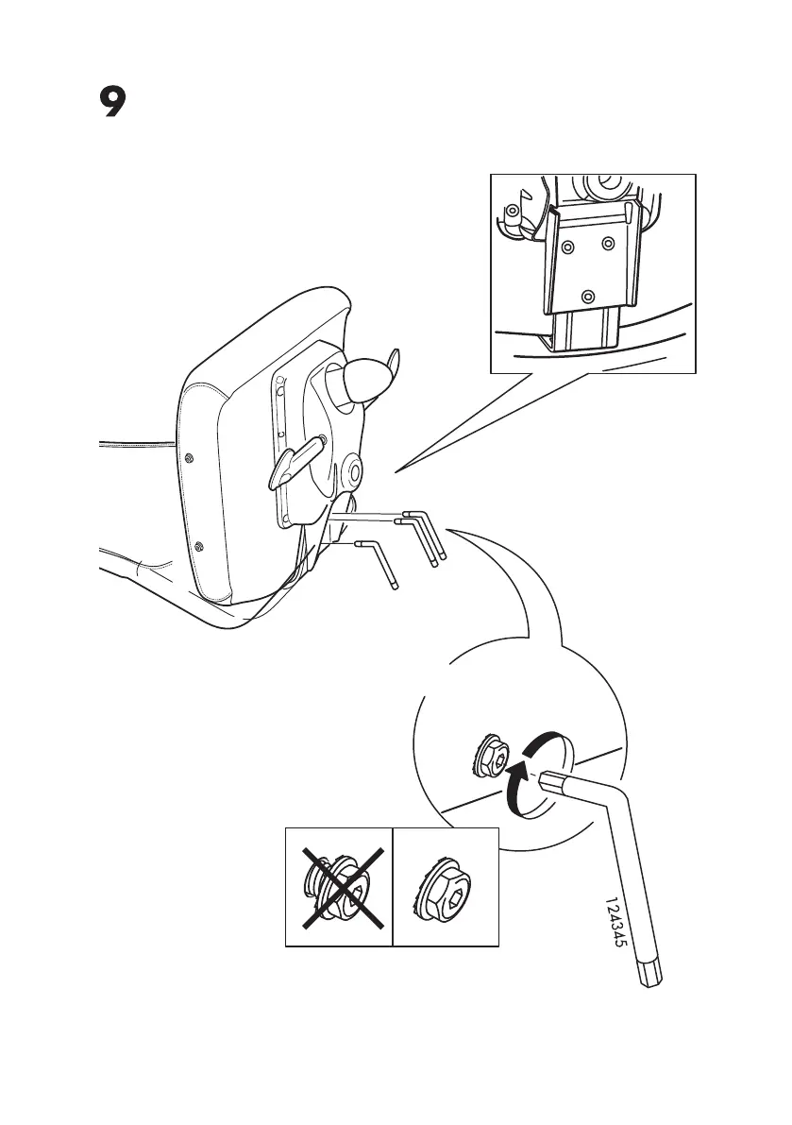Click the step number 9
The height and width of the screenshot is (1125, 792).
[x=112, y=103]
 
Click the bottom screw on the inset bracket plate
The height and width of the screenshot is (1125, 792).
[x=588, y=295]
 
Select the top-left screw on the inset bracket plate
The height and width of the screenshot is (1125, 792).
[x=567, y=247]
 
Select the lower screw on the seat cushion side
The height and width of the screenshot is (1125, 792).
[x=198, y=546]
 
